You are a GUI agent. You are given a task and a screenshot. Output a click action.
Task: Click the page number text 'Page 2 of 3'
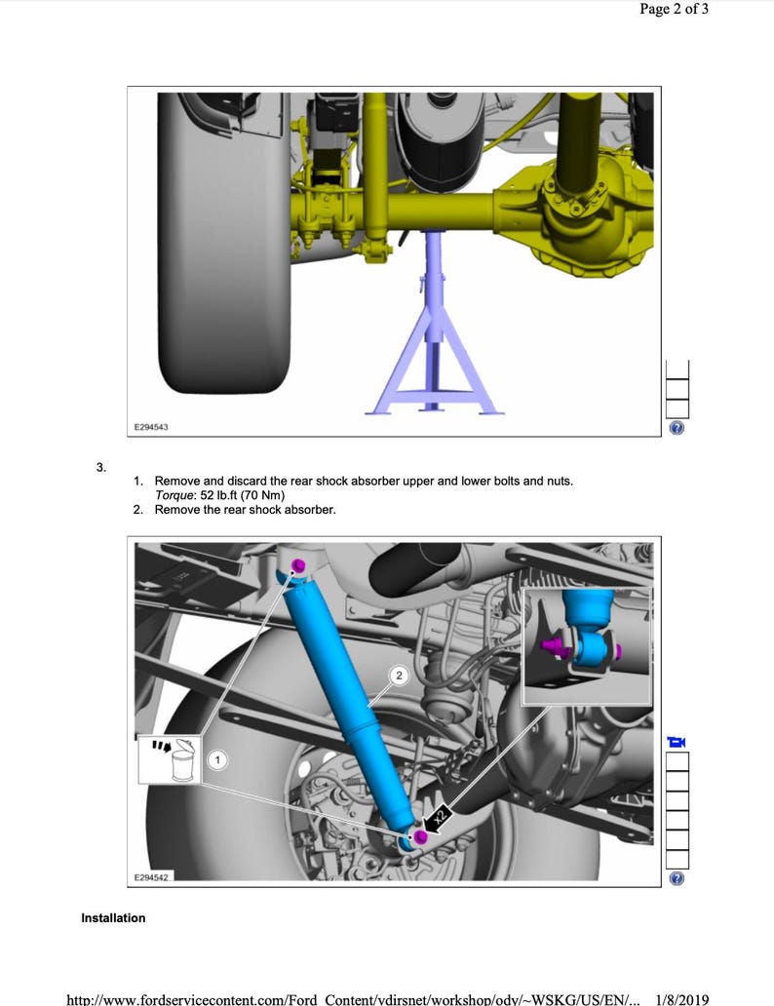[x=674, y=10]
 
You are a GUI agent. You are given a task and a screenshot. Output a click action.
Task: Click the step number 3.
[x=100, y=467]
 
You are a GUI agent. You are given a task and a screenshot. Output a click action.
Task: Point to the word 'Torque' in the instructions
[x=174, y=495]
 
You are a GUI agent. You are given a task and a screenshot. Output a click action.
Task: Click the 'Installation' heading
[x=113, y=918]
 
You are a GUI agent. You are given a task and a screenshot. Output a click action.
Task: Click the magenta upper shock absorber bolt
[x=299, y=566]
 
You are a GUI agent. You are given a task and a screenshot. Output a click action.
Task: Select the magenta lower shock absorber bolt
[x=420, y=837]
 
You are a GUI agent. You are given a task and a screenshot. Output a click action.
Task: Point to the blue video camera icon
[x=677, y=742]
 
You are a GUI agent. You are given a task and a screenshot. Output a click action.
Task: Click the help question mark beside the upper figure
[x=677, y=428]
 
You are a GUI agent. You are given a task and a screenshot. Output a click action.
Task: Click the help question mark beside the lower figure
[x=677, y=878]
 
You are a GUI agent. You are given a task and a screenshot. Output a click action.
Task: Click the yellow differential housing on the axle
[x=575, y=210]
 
